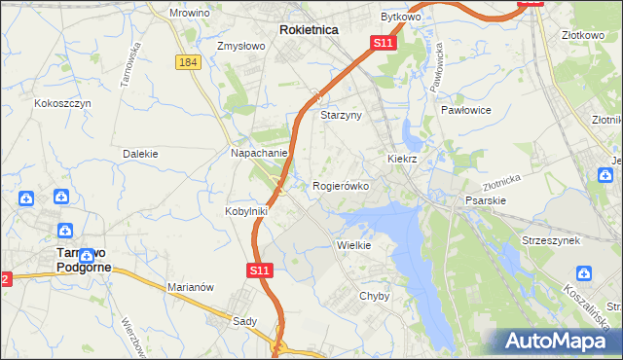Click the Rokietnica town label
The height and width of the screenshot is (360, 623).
pos(309,30)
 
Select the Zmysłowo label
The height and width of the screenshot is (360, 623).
pos(242,46)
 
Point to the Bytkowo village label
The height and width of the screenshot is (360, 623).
pos(399,18)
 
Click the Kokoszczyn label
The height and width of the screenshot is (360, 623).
pos(62,102)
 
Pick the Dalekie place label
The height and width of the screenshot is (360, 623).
pos(140,154)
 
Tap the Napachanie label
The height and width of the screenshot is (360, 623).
pos(259,153)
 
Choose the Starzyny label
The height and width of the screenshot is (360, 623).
pos(341,115)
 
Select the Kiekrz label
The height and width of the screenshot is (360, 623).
pos(402,158)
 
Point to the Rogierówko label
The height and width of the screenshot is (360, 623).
pos(340,186)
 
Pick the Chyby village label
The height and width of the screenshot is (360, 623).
pos(375,296)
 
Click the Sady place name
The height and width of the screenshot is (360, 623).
pos(243,320)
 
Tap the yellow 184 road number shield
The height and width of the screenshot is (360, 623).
pos(189,62)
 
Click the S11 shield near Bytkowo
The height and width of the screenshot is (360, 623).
pos(383,44)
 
